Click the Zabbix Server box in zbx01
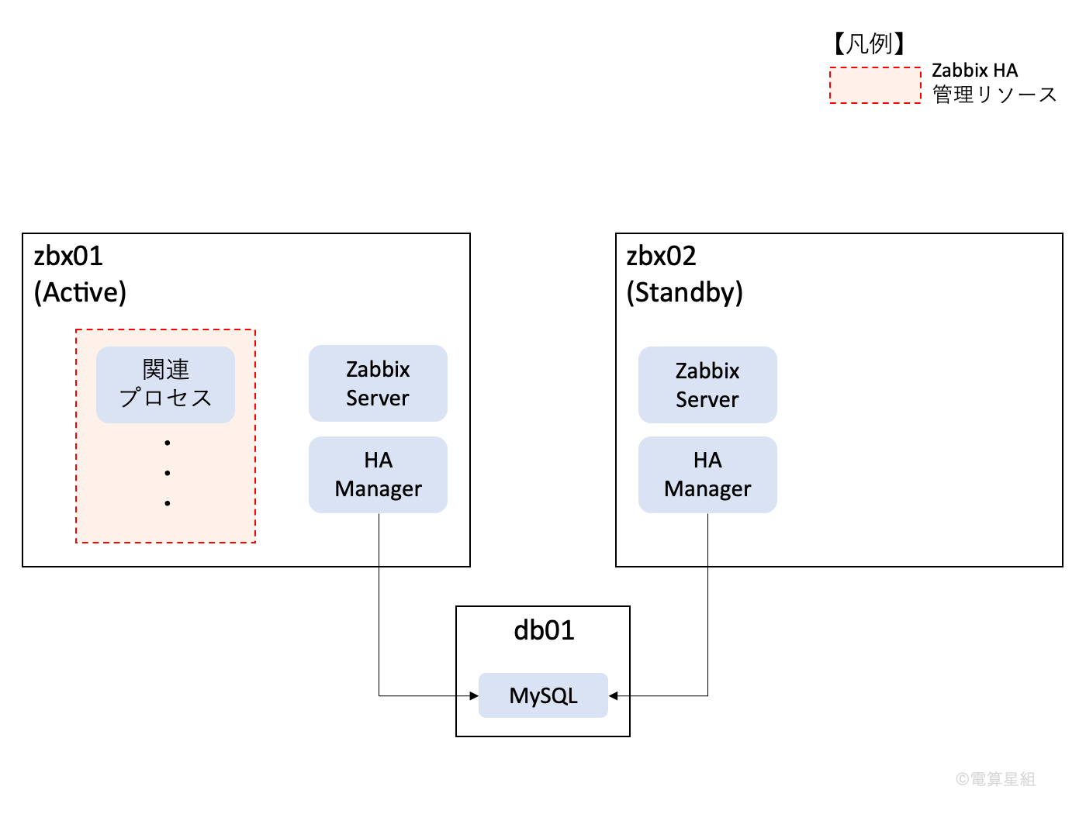(378, 383)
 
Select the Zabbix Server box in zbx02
(707, 385)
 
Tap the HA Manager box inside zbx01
(378, 474)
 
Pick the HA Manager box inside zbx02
(707, 474)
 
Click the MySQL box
(543, 695)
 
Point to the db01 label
(544, 630)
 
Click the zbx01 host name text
(68, 256)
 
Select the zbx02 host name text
(661, 256)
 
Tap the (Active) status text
(80, 292)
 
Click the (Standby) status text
(684, 292)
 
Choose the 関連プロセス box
(165, 384)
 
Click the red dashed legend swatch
(875, 85)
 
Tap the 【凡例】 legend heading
(869, 43)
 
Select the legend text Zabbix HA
(974, 71)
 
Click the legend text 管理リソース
(994, 95)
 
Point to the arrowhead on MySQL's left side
(474, 695)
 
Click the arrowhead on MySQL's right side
(614, 695)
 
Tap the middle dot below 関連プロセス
(167, 473)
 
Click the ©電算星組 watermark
(995, 779)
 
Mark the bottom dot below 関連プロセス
(167, 503)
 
